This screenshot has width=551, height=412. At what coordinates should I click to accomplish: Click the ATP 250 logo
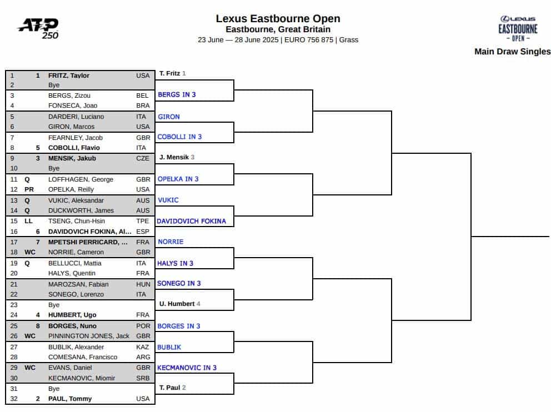[38, 28]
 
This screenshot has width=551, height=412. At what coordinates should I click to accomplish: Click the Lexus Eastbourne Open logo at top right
[518, 29]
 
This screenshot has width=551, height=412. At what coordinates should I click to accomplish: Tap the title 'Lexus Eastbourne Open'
[278, 19]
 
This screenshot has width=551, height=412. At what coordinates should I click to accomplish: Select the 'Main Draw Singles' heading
[512, 51]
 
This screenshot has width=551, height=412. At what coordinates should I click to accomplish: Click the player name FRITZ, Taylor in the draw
[69, 76]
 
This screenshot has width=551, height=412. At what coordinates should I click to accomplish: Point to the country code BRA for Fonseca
[143, 105]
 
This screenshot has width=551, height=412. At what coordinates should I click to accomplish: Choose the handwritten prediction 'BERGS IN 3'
[177, 94]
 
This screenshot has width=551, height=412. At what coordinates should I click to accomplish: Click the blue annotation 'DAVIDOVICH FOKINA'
[192, 221]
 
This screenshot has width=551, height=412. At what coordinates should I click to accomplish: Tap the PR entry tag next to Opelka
[29, 189]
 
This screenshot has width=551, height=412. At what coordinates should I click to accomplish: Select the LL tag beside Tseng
[28, 221]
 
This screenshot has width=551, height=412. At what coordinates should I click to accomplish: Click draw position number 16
[14, 232]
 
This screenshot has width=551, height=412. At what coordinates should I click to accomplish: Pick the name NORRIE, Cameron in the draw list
[76, 252]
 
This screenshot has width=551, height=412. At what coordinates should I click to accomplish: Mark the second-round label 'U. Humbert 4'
[180, 304]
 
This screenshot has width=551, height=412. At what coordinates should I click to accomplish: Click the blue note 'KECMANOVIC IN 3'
[187, 368]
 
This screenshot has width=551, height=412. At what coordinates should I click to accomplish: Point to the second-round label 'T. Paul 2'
[173, 388]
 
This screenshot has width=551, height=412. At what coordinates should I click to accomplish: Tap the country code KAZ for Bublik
[143, 347]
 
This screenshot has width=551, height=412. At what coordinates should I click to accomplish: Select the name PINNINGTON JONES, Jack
[89, 336]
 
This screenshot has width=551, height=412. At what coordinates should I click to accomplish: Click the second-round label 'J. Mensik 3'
[177, 157]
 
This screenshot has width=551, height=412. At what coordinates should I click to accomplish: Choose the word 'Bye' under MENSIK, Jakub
[54, 168]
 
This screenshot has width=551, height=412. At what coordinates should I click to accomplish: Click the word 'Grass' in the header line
[349, 39]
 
